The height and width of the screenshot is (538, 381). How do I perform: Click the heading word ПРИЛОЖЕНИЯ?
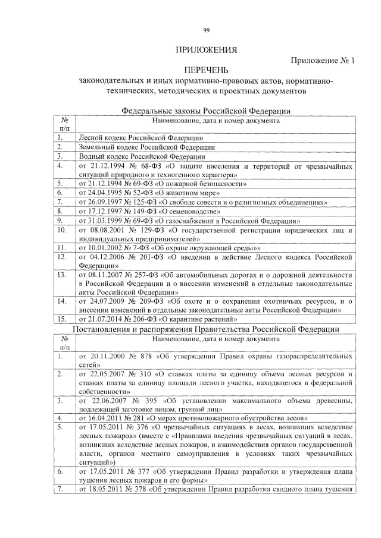[x=206, y=49]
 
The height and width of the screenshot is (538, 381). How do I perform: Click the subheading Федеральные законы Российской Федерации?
[x=206, y=111]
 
